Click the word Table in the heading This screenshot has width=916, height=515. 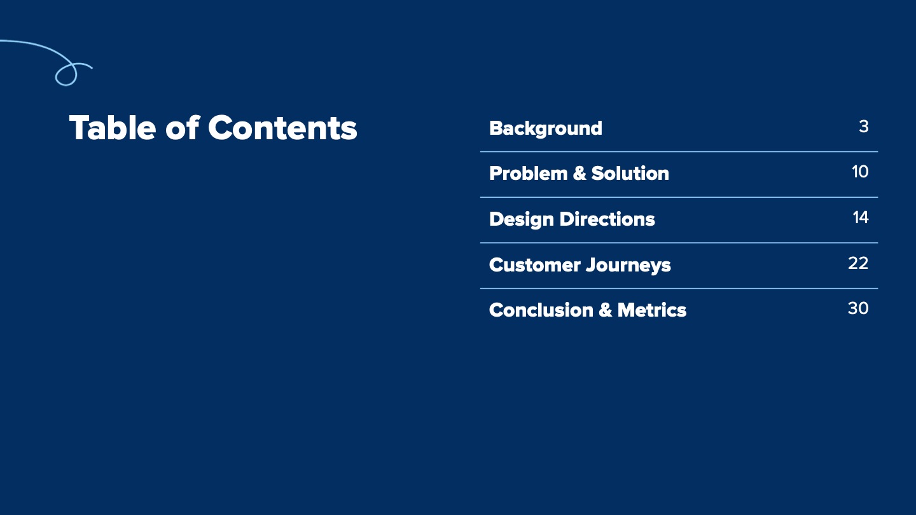pyautogui.click(x=113, y=128)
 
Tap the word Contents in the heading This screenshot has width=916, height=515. pyautogui.click(x=282, y=128)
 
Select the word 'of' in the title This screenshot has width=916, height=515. pyautogui.click(x=183, y=128)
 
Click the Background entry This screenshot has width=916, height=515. pyautogui.click(x=546, y=128)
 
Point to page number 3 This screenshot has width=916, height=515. pyautogui.click(x=864, y=127)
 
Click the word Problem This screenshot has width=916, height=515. pyautogui.click(x=529, y=174)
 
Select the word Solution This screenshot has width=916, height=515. pyautogui.click(x=630, y=174)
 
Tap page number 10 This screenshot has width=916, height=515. pyautogui.click(x=861, y=172)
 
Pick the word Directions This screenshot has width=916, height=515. pyautogui.click(x=607, y=219)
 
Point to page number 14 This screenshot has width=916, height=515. pyautogui.click(x=861, y=217)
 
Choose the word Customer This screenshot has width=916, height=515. pyautogui.click(x=535, y=265)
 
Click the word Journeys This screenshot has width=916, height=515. pyautogui.click(x=628, y=266)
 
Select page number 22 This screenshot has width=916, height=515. pyautogui.click(x=858, y=263)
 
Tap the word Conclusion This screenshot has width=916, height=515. pyautogui.click(x=541, y=310)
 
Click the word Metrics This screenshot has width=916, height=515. pyautogui.click(x=652, y=310)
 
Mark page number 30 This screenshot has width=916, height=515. pyautogui.click(x=858, y=308)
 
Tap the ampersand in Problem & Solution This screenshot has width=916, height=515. pyautogui.click(x=579, y=174)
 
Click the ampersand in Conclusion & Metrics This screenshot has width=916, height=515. pyautogui.click(x=605, y=310)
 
